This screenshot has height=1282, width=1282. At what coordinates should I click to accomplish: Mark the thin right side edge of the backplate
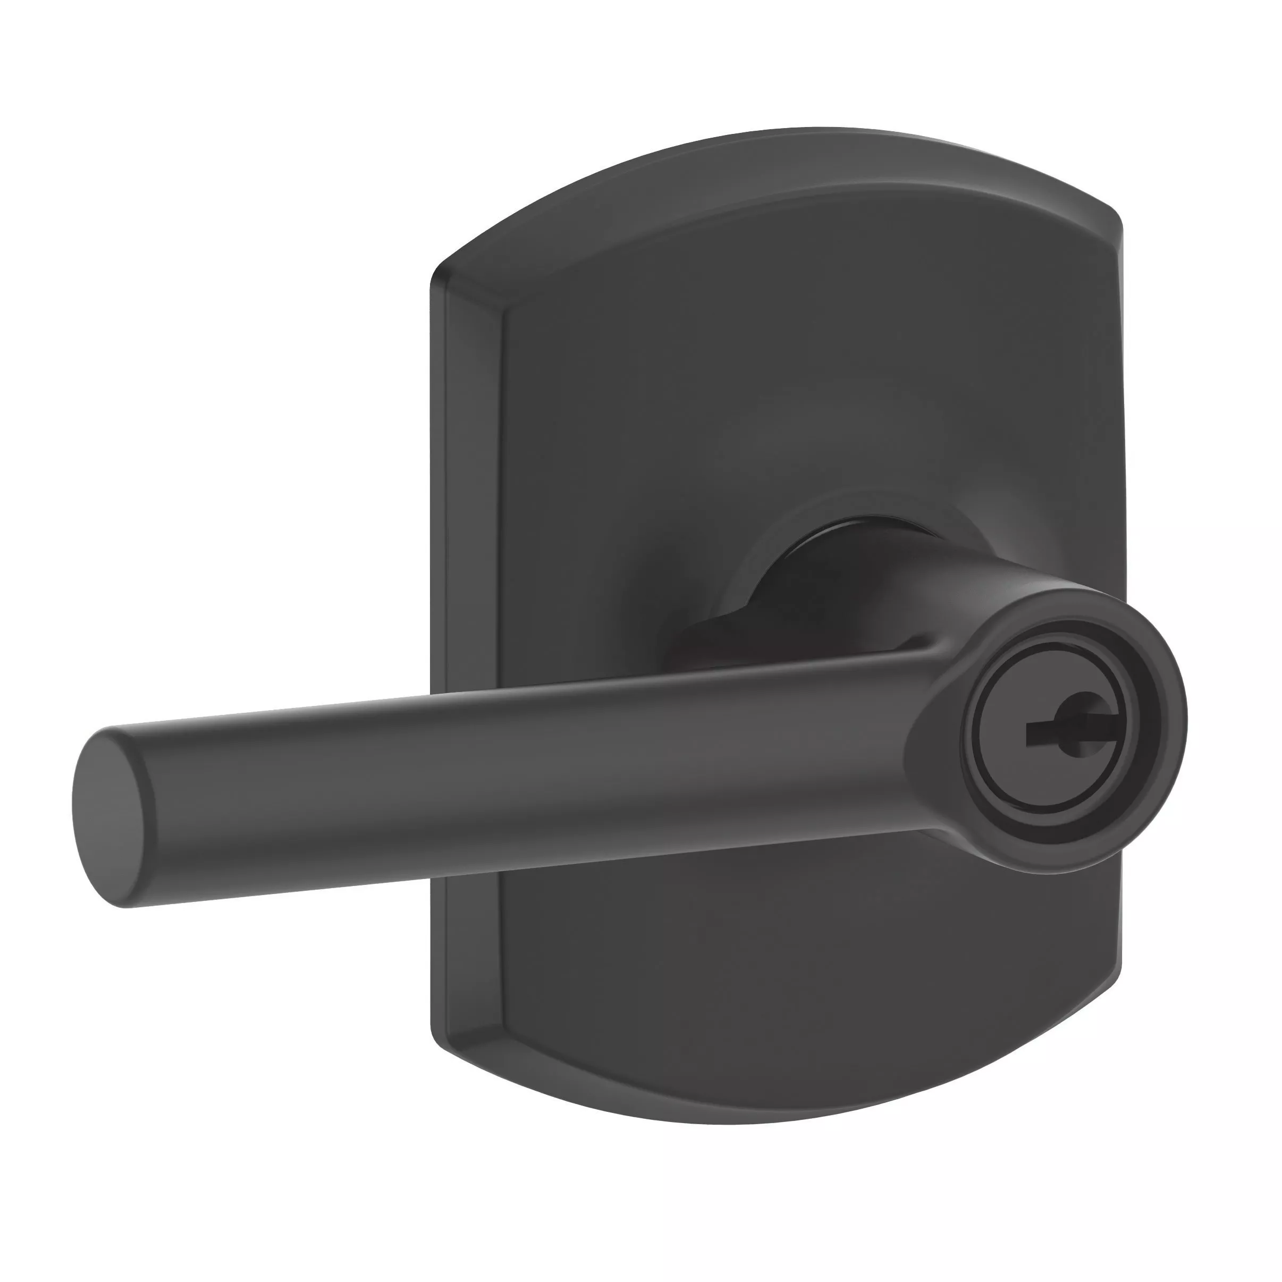[x=1120, y=465]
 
